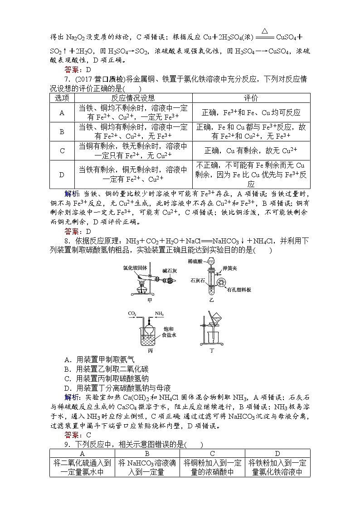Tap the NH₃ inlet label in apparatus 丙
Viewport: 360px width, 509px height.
pos(159,313)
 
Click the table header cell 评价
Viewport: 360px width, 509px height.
pos(251,98)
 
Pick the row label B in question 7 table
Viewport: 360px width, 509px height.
pos(62,131)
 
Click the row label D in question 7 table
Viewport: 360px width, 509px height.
pos(62,174)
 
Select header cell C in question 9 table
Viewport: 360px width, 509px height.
pos(212,453)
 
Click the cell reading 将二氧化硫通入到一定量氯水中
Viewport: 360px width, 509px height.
pos(82,467)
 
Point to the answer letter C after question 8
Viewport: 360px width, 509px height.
pos(88,435)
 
